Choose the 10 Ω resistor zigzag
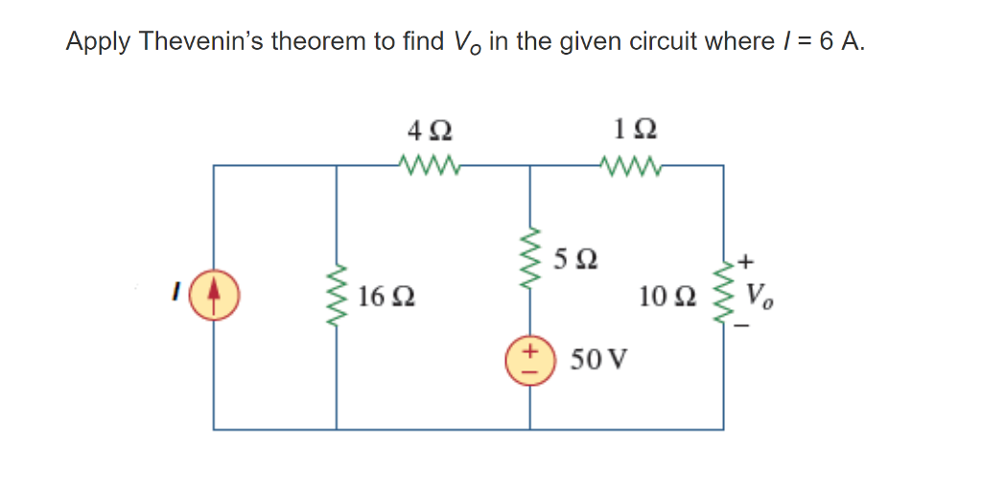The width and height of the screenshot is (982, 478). pos(723,293)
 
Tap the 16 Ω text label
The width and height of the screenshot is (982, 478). pos(387,297)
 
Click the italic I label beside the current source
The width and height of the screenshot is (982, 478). pos(175,287)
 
